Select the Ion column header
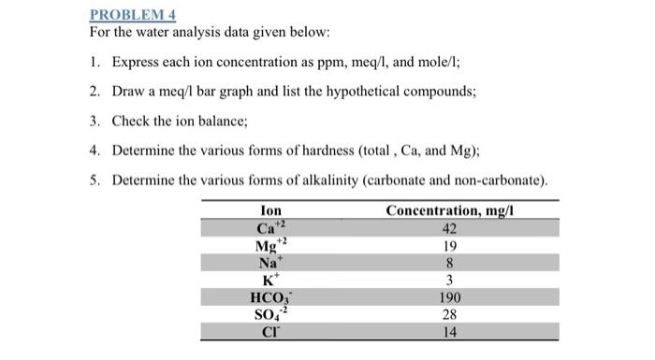coord(271,211)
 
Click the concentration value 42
coord(450,229)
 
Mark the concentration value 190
coord(450,297)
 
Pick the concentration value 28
coord(450,315)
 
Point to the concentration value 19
coord(450,247)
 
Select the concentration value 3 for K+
coord(450,281)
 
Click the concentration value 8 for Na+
coord(450,264)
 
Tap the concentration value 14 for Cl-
coord(450,332)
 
